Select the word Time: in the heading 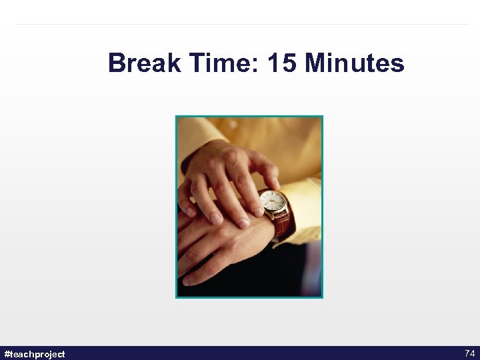click(222, 64)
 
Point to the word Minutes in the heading click(355, 64)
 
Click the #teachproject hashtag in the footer click(35, 354)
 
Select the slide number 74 click(469, 353)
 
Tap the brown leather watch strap click(283, 223)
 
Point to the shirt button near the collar click(231, 125)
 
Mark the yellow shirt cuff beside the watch click(303, 207)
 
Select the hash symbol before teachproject click(7, 354)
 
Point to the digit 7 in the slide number click(467, 353)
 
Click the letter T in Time click(197, 64)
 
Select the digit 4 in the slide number click(472, 353)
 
